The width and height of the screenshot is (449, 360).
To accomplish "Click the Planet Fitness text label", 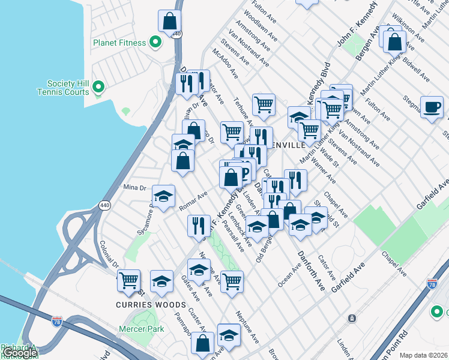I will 119,43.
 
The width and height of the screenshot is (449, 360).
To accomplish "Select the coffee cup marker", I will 432,107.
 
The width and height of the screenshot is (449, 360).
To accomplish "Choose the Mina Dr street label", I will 135,188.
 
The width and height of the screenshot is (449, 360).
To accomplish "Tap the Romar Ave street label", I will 193,201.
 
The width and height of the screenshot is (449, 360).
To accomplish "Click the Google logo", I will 19,353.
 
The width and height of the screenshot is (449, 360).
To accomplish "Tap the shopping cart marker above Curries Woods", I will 128,280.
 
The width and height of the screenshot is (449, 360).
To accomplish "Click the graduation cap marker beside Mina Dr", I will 163,196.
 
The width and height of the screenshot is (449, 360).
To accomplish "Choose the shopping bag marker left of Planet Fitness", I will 170,22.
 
